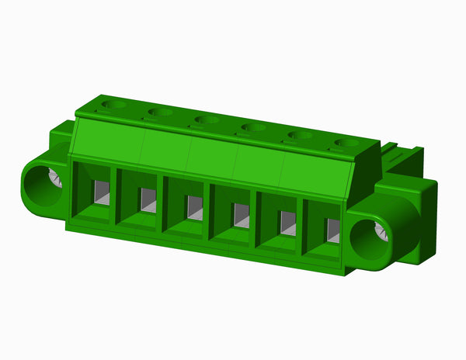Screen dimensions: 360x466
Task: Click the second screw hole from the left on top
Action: point(160,112)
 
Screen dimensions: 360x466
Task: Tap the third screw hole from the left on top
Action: point(206,120)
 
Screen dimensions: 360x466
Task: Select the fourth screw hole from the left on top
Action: point(252,128)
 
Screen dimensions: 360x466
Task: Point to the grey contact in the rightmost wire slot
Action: point(333,230)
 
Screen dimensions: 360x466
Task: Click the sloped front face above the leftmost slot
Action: point(107,140)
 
